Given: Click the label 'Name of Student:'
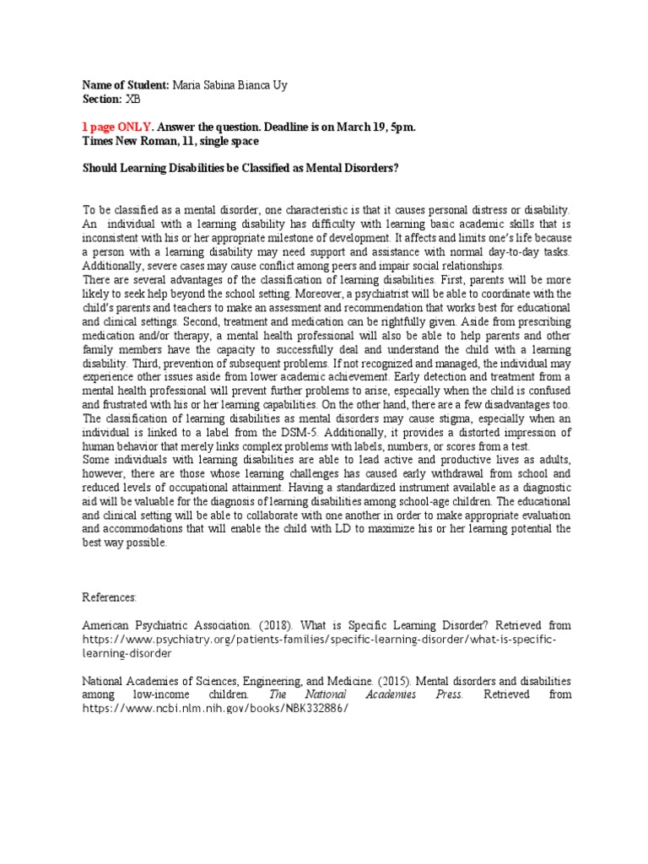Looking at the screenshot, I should point(126,85).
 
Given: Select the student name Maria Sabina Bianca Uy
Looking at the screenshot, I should point(222,85).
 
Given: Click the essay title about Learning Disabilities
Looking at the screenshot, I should point(240,167).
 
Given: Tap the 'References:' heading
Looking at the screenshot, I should point(109,597).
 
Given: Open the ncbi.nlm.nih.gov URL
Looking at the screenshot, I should point(214,708).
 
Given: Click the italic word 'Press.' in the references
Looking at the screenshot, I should point(444,694).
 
